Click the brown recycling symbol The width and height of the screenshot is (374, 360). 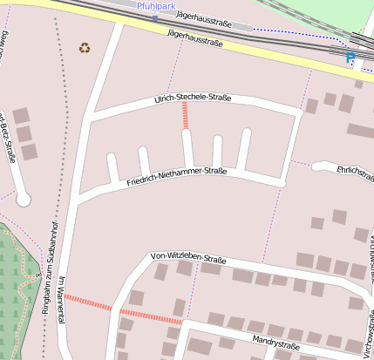point(85,48)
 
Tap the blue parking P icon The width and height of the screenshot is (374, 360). point(350,58)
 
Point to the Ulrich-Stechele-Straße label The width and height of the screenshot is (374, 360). point(192,98)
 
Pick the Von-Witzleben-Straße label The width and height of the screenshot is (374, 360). point(188,258)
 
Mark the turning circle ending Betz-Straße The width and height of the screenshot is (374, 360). point(24,200)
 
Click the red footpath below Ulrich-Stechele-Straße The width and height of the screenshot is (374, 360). point(186,117)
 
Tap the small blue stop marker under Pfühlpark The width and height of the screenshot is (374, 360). point(155,17)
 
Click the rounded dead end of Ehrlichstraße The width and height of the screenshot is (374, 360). point(318,166)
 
